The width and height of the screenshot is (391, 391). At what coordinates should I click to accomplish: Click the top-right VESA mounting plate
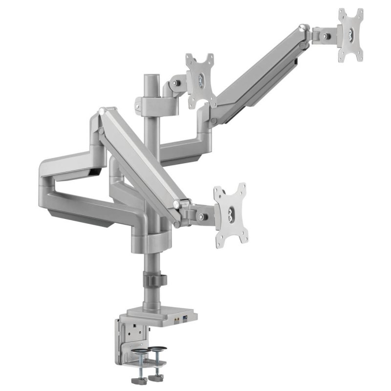tap(351, 35)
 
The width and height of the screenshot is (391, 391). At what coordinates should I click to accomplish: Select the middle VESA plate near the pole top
tap(201, 80)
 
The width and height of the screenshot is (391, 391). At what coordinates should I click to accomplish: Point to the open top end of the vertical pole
tap(151, 78)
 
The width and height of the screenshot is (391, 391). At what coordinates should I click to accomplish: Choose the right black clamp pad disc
tap(156, 350)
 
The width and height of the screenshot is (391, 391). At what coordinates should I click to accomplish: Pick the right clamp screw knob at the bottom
tap(158, 377)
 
